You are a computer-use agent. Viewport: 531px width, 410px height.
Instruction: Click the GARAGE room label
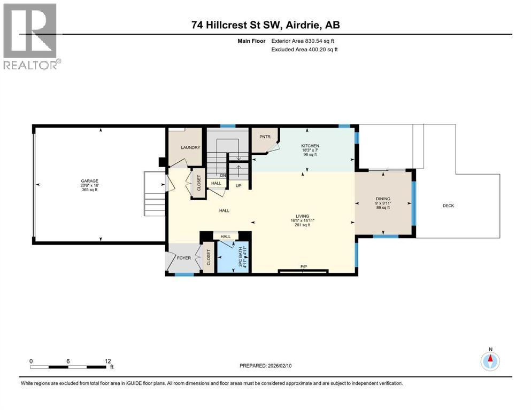tap(89, 181)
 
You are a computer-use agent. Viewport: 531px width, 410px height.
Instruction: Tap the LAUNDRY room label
tap(191, 147)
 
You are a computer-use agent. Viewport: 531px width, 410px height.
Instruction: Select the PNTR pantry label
tap(265, 137)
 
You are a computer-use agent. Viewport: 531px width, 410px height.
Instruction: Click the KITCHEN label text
tap(310, 146)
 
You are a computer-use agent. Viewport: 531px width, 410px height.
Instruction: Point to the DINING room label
tap(383, 199)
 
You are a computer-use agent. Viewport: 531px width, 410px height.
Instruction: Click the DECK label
tap(448, 206)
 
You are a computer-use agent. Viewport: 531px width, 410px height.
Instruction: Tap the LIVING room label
tap(303, 216)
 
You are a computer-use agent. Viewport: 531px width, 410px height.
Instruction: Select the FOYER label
tap(184, 258)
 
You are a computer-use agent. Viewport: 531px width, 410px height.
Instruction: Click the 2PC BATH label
tap(241, 257)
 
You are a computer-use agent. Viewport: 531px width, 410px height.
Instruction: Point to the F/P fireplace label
tap(304, 267)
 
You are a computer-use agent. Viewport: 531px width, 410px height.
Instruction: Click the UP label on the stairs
tap(238, 186)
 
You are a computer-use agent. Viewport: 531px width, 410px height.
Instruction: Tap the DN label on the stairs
tap(223, 176)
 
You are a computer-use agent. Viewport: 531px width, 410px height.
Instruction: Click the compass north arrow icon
tap(490, 361)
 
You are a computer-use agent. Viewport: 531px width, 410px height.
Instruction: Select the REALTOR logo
tap(31, 36)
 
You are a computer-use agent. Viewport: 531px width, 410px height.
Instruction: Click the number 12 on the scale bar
tap(107, 361)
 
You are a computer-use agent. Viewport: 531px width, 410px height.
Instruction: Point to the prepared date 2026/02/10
tap(279, 366)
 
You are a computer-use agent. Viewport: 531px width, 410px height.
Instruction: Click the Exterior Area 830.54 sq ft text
tap(303, 41)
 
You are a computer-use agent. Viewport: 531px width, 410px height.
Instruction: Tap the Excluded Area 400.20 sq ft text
tap(304, 49)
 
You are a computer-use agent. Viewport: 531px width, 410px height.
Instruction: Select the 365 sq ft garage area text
tap(89, 190)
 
